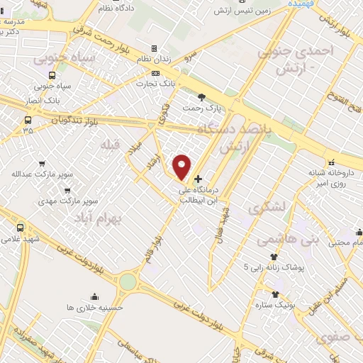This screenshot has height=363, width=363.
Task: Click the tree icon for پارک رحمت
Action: pos(202,97)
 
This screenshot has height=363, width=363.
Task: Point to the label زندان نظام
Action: pos(149,69)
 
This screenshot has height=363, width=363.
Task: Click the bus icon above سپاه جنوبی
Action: pos(52,75)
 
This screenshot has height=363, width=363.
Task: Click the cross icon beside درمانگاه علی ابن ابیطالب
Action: pos(198,179)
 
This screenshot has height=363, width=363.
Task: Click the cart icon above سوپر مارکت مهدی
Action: pos(67,191)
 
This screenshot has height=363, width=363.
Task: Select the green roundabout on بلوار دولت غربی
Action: pos(128,281)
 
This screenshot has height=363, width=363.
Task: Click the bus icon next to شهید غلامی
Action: pos(20,228)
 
